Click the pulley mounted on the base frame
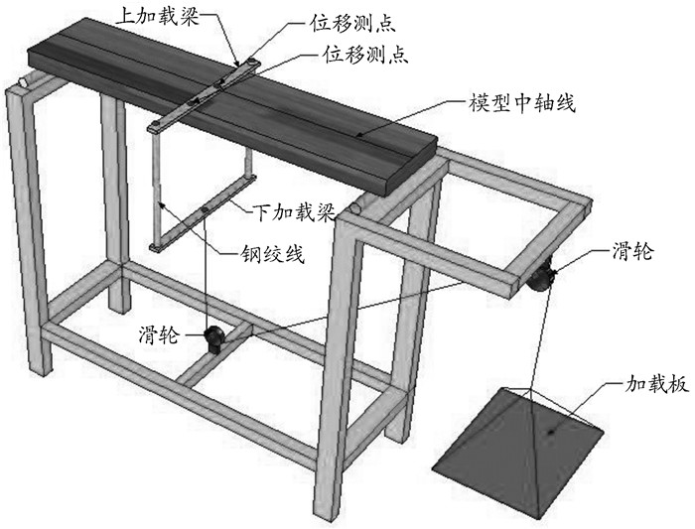[214, 337]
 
